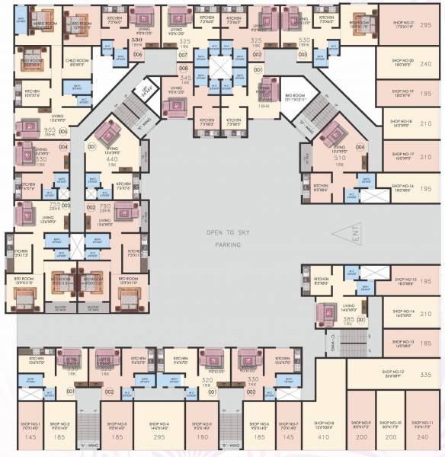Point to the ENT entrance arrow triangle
pos(352,232)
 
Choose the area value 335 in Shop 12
pos(425,376)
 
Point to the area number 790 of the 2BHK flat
pos(106,206)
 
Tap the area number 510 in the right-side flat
pos(340,158)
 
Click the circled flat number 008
pos(183,68)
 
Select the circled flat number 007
pos(183,56)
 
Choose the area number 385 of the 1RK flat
pos(348,318)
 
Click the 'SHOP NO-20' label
pos(401,60)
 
